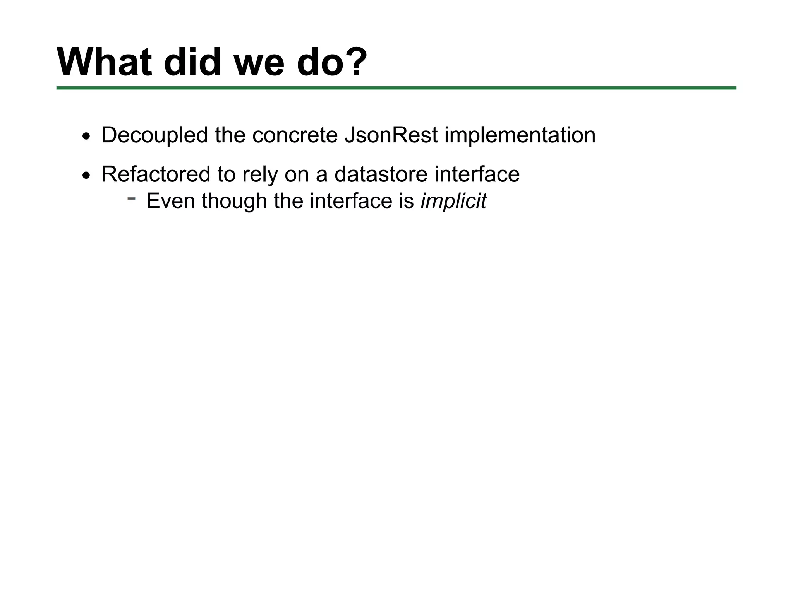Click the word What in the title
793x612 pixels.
[x=104, y=63]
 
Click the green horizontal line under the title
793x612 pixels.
[x=396, y=88]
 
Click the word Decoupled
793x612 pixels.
[x=154, y=135]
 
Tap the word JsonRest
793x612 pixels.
[x=391, y=135]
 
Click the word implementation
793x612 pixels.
[x=520, y=135]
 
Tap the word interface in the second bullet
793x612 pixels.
[x=477, y=174]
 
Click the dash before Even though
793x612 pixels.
[x=131, y=198]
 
